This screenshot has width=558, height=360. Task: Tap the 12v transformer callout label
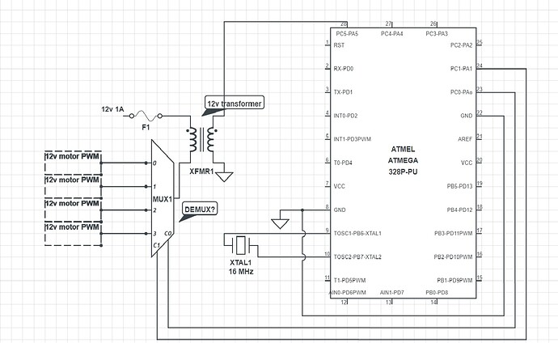235,103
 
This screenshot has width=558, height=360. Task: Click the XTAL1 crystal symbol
239,243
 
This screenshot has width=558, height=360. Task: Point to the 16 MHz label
239,271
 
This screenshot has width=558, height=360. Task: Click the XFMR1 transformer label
202,172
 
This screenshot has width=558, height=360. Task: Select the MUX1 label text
163,198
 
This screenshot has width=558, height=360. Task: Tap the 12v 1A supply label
113,108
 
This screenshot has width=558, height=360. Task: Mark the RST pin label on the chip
339,45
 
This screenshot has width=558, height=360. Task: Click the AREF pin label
464,139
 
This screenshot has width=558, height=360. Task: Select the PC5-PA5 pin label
346,33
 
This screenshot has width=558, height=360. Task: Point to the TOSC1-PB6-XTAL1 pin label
357,233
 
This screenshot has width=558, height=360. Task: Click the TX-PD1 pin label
344,92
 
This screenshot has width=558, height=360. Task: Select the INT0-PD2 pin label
345,116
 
